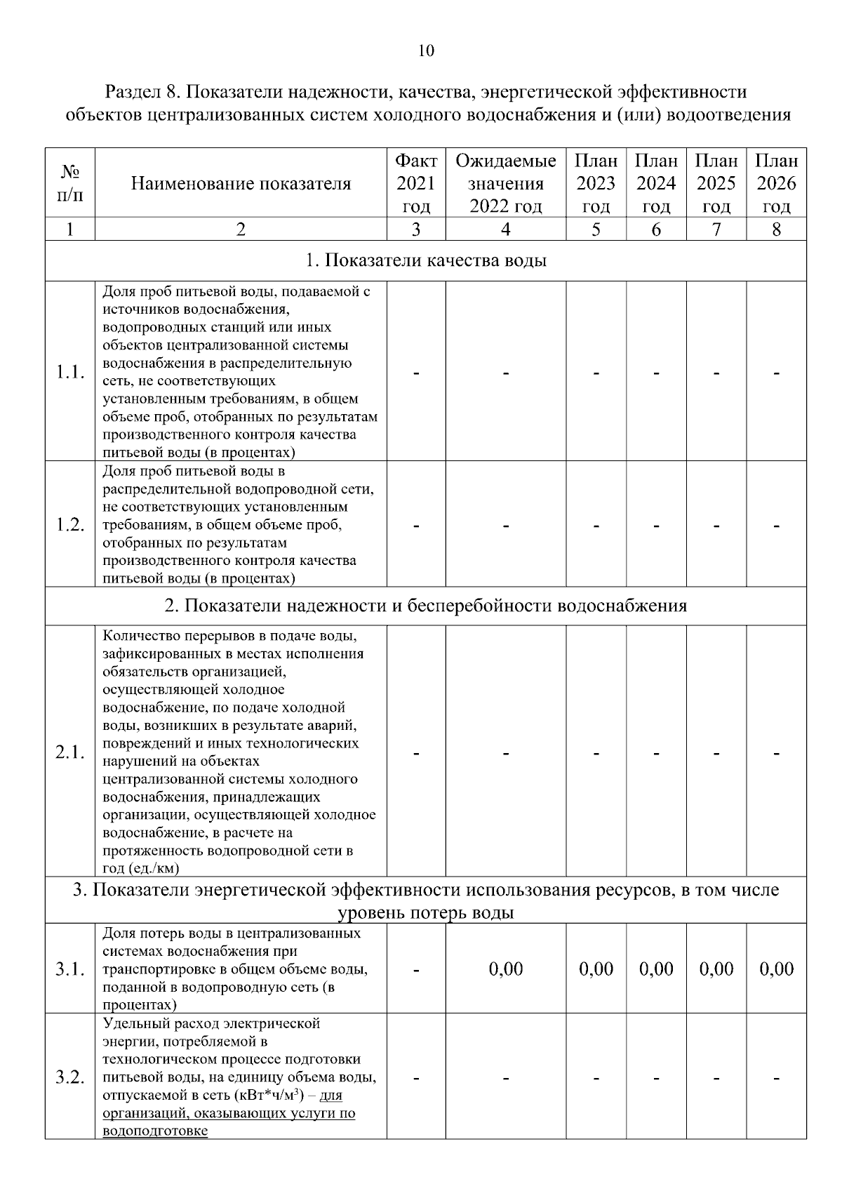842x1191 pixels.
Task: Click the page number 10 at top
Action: pos(426,51)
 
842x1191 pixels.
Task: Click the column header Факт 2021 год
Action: pos(416,184)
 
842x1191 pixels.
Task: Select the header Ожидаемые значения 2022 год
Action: pos(505,184)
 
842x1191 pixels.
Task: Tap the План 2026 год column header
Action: pos(776,184)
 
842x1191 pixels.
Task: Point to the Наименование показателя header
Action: pos(241,184)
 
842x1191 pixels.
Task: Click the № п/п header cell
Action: pos(69,182)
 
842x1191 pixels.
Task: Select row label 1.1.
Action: pos(69,372)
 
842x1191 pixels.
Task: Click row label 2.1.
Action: pos(69,752)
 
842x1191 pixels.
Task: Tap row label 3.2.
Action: pos(69,1077)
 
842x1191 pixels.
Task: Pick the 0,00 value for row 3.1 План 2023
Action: pos(596,969)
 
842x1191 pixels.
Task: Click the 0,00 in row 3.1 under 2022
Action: pos(505,969)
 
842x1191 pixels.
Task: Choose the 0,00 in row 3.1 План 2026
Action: pos(776,969)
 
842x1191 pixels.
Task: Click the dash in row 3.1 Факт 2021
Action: pos(416,971)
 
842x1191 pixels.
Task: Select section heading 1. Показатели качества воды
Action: pos(426,260)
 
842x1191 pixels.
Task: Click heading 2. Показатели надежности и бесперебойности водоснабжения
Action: pos(426,606)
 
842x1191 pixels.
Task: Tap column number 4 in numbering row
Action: pos(505,229)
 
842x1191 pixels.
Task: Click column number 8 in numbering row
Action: pos(776,229)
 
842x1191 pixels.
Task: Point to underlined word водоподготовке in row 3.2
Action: pos(155,1131)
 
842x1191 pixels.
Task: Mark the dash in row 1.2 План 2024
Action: pos(656,526)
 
